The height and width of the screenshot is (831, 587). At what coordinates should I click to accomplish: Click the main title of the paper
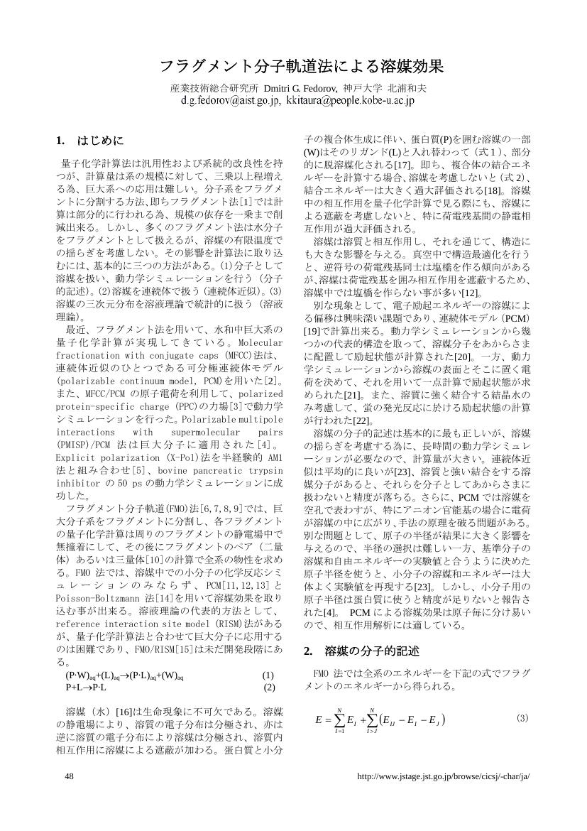point(301,67)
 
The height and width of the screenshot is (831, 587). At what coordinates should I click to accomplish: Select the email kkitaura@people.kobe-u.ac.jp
point(351,102)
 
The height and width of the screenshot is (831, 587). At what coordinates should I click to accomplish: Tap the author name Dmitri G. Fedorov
point(291,89)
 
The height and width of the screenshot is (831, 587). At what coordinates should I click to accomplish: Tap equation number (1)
point(268,675)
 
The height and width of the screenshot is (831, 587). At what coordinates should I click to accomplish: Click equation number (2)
point(269,687)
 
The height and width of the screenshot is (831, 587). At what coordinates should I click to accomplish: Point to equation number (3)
point(522,718)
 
